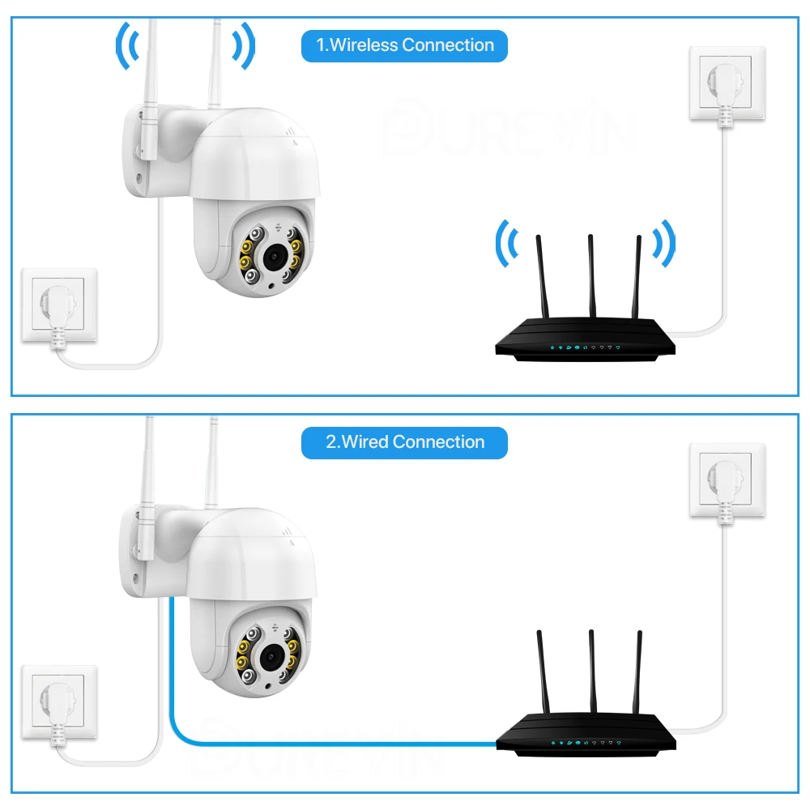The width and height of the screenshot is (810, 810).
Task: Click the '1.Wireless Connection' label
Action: click(404, 45)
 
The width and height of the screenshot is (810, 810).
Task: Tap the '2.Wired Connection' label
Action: click(404, 442)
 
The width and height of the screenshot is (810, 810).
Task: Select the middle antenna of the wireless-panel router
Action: click(590, 275)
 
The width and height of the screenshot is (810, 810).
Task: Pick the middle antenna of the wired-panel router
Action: click(591, 669)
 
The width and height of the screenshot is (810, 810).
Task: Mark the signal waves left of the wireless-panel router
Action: click(508, 242)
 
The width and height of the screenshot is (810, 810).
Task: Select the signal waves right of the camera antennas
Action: click(244, 47)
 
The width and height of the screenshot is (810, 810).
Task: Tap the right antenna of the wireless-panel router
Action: click(637, 275)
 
